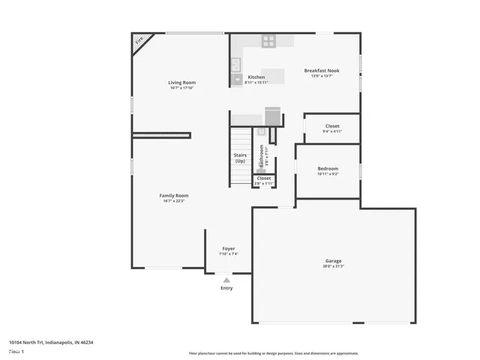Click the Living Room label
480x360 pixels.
click(x=181, y=82)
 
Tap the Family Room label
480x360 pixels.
click(x=173, y=195)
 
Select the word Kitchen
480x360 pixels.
click(x=256, y=77)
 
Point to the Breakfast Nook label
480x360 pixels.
click(x=322, y=70)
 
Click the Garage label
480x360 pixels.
click(x=334, y=261)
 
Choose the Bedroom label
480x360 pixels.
click(x=328, y=169)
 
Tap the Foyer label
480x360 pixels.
click(x=229, y=249)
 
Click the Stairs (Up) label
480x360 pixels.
click(x=240, y=157)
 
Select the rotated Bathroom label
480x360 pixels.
click(x=262, y=155)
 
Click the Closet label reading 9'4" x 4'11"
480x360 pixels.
click(x=332, y=126)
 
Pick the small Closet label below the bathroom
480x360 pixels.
click(x=264, y=178)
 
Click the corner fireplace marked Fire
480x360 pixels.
click(x=139, y=42)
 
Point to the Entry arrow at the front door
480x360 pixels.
click(x=226, y=280)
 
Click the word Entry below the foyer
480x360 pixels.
click(x=226, y=288)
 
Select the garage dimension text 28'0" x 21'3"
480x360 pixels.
click(x=334, y=266)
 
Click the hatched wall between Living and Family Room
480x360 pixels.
click(x=161, y=135)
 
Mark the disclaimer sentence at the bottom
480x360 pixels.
click(x=273, y=352)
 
